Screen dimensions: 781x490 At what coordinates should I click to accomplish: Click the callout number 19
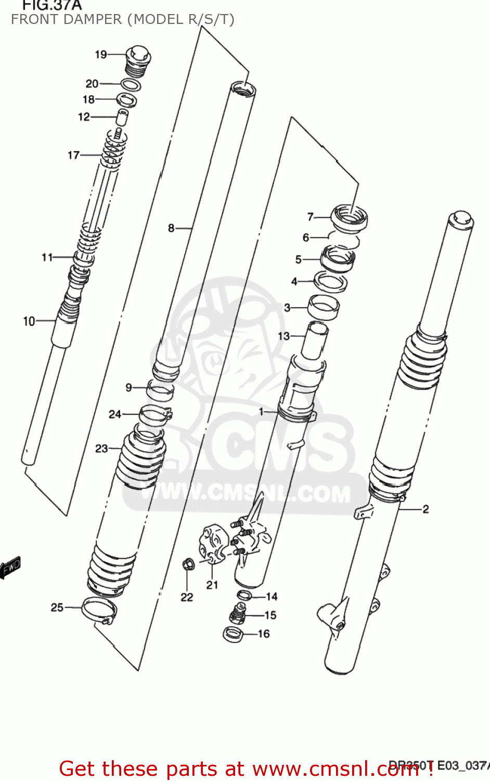[101, 55]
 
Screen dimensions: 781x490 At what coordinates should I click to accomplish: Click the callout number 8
[171, 228]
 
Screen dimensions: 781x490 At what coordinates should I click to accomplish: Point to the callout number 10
[29, 321]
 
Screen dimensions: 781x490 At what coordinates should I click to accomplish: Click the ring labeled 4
[331, 282]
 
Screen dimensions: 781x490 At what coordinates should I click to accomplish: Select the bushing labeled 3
[324, 307]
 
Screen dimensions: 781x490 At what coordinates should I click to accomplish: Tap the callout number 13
[283, 336]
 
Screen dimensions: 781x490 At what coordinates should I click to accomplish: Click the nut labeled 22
[188, 564]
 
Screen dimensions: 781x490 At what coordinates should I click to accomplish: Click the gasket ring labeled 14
[244, 596]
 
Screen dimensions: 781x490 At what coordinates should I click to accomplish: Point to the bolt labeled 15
[239, 614]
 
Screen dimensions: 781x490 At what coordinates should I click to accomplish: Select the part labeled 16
[233, 634]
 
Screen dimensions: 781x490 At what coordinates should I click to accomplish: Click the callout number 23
[101, 448]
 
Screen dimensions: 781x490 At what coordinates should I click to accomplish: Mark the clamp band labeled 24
[156, 414]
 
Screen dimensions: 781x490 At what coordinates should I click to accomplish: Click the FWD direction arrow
[10, 568]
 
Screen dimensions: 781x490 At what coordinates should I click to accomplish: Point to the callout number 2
[425, 509]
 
